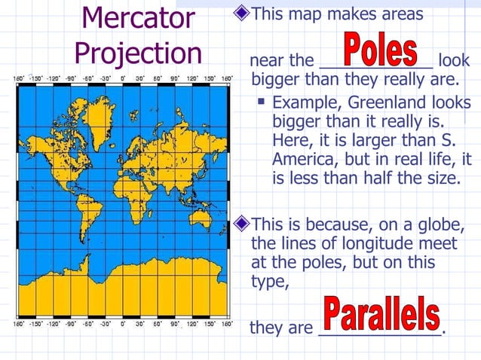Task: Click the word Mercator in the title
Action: pos(138,18)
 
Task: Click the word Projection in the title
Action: pos(139,53)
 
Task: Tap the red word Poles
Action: pos(381,49)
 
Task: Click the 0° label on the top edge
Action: pos(123,78)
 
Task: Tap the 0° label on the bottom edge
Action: pos(123,325)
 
